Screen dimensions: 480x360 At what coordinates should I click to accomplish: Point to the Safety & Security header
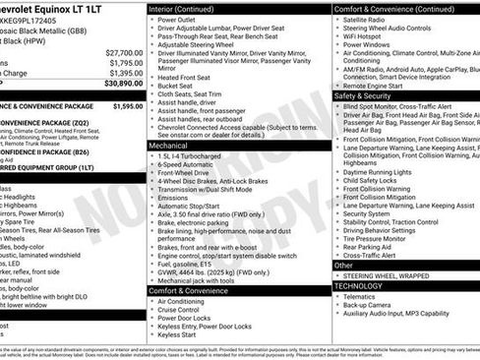363,97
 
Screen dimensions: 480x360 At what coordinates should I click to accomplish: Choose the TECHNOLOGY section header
361,284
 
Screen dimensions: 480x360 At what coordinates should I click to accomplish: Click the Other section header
343,266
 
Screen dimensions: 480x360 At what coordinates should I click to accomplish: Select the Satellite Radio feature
370,19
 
